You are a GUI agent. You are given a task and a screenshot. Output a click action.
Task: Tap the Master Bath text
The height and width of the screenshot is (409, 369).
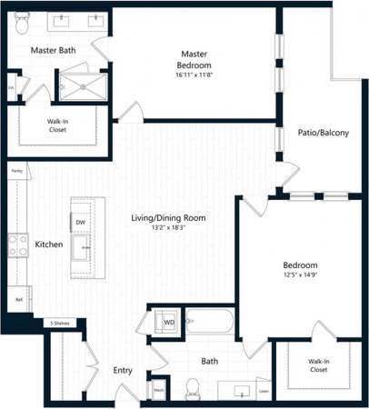click(53, 50)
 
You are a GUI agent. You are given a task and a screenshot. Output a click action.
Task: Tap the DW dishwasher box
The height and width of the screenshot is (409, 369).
click(81, 222)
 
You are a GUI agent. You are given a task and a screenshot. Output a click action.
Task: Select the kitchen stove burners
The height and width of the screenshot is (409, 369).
click(17, 244)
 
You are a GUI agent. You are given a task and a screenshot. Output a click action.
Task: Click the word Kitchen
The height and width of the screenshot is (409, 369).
click(48, 244)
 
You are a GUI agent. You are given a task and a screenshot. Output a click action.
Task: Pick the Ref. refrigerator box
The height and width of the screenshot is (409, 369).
click(18, 298)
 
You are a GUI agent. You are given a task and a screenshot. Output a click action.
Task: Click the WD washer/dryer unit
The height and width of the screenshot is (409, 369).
click(169, 321)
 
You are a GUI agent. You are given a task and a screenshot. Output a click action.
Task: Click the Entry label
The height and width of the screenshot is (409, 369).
click(123, 371)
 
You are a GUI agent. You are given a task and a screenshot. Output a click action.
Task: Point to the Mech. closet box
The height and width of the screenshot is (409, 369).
click(158, 390)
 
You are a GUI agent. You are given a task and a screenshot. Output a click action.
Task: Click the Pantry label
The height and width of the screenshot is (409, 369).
click(16, 170)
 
